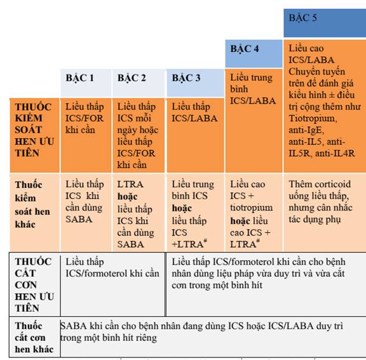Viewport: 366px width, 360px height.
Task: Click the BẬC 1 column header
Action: click(86, 83)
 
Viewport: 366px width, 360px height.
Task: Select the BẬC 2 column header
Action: click(138, 83)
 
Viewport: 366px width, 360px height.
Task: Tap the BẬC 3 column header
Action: click(195, 83)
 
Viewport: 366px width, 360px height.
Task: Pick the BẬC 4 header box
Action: click(254, 53)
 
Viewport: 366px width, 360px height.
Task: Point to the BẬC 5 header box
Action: click(325, 23)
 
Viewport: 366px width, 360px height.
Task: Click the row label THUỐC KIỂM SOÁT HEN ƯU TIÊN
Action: click(34, 130)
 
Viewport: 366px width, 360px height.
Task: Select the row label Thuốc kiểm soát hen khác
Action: click(32, 205)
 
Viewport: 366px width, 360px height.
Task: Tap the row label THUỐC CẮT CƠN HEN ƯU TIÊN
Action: click(34, 285)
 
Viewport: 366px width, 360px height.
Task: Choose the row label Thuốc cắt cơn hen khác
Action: click(34, 338)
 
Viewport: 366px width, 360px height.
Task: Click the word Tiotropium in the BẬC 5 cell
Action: click(313, 118)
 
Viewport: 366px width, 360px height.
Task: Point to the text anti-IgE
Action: click(306, 130)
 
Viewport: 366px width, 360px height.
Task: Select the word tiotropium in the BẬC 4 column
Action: click(252, 208)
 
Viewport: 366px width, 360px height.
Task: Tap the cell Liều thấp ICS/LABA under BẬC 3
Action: click(194, 113)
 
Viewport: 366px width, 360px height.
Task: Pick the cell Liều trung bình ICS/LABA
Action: click(253, 89)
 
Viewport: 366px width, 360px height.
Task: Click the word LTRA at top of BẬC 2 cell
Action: click(130, 184)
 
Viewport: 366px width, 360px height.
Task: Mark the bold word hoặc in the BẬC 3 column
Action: click(182, 208)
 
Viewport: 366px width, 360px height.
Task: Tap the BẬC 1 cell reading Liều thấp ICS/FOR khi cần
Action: click(85, 118)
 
